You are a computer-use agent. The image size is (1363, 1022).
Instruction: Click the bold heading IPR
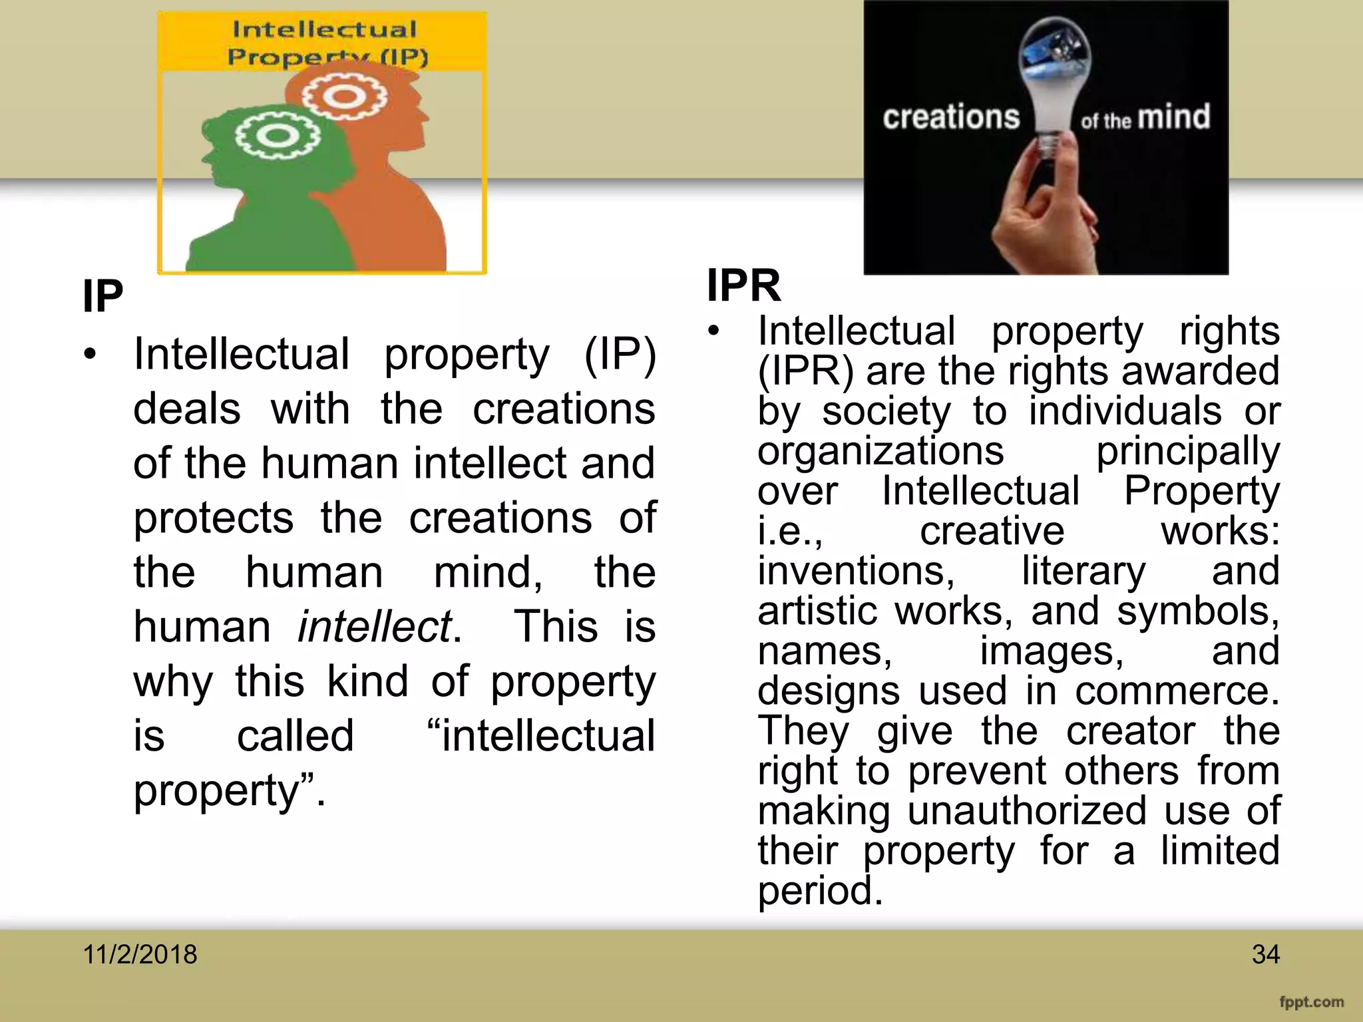click(x=743, y=285)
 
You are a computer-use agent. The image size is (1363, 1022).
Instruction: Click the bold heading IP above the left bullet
click(x=102, y=297)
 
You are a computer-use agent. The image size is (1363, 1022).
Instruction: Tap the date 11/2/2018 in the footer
click(x=140, y=954)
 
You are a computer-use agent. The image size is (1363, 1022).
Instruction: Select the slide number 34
click(x=1265, y=954)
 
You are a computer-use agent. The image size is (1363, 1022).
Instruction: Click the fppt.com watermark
click(x=1311, y=1002)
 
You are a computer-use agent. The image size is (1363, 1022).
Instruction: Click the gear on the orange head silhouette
click(x=344, y=96)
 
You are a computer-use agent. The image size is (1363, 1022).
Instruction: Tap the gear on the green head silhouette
click(x=278, y=136)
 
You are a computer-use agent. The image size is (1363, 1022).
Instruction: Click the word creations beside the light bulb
click(x=951, y=118)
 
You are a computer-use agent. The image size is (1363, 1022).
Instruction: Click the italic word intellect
click(x=375, y=627)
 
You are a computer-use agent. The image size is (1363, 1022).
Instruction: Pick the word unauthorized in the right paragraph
click(x=1027, y=810)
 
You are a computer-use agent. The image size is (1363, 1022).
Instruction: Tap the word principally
click(x=1187, y=451)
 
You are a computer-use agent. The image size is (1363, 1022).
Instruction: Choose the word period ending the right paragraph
click(x=819, y=890)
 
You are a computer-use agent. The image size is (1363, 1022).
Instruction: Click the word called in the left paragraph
click(x=295, y=736)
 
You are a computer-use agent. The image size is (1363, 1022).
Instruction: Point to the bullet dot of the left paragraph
click(x=91, y=353)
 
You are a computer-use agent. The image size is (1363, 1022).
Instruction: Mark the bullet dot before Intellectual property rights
click(x=714, y=331)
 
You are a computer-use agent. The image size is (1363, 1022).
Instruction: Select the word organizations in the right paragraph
click(x=880, y=451)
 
